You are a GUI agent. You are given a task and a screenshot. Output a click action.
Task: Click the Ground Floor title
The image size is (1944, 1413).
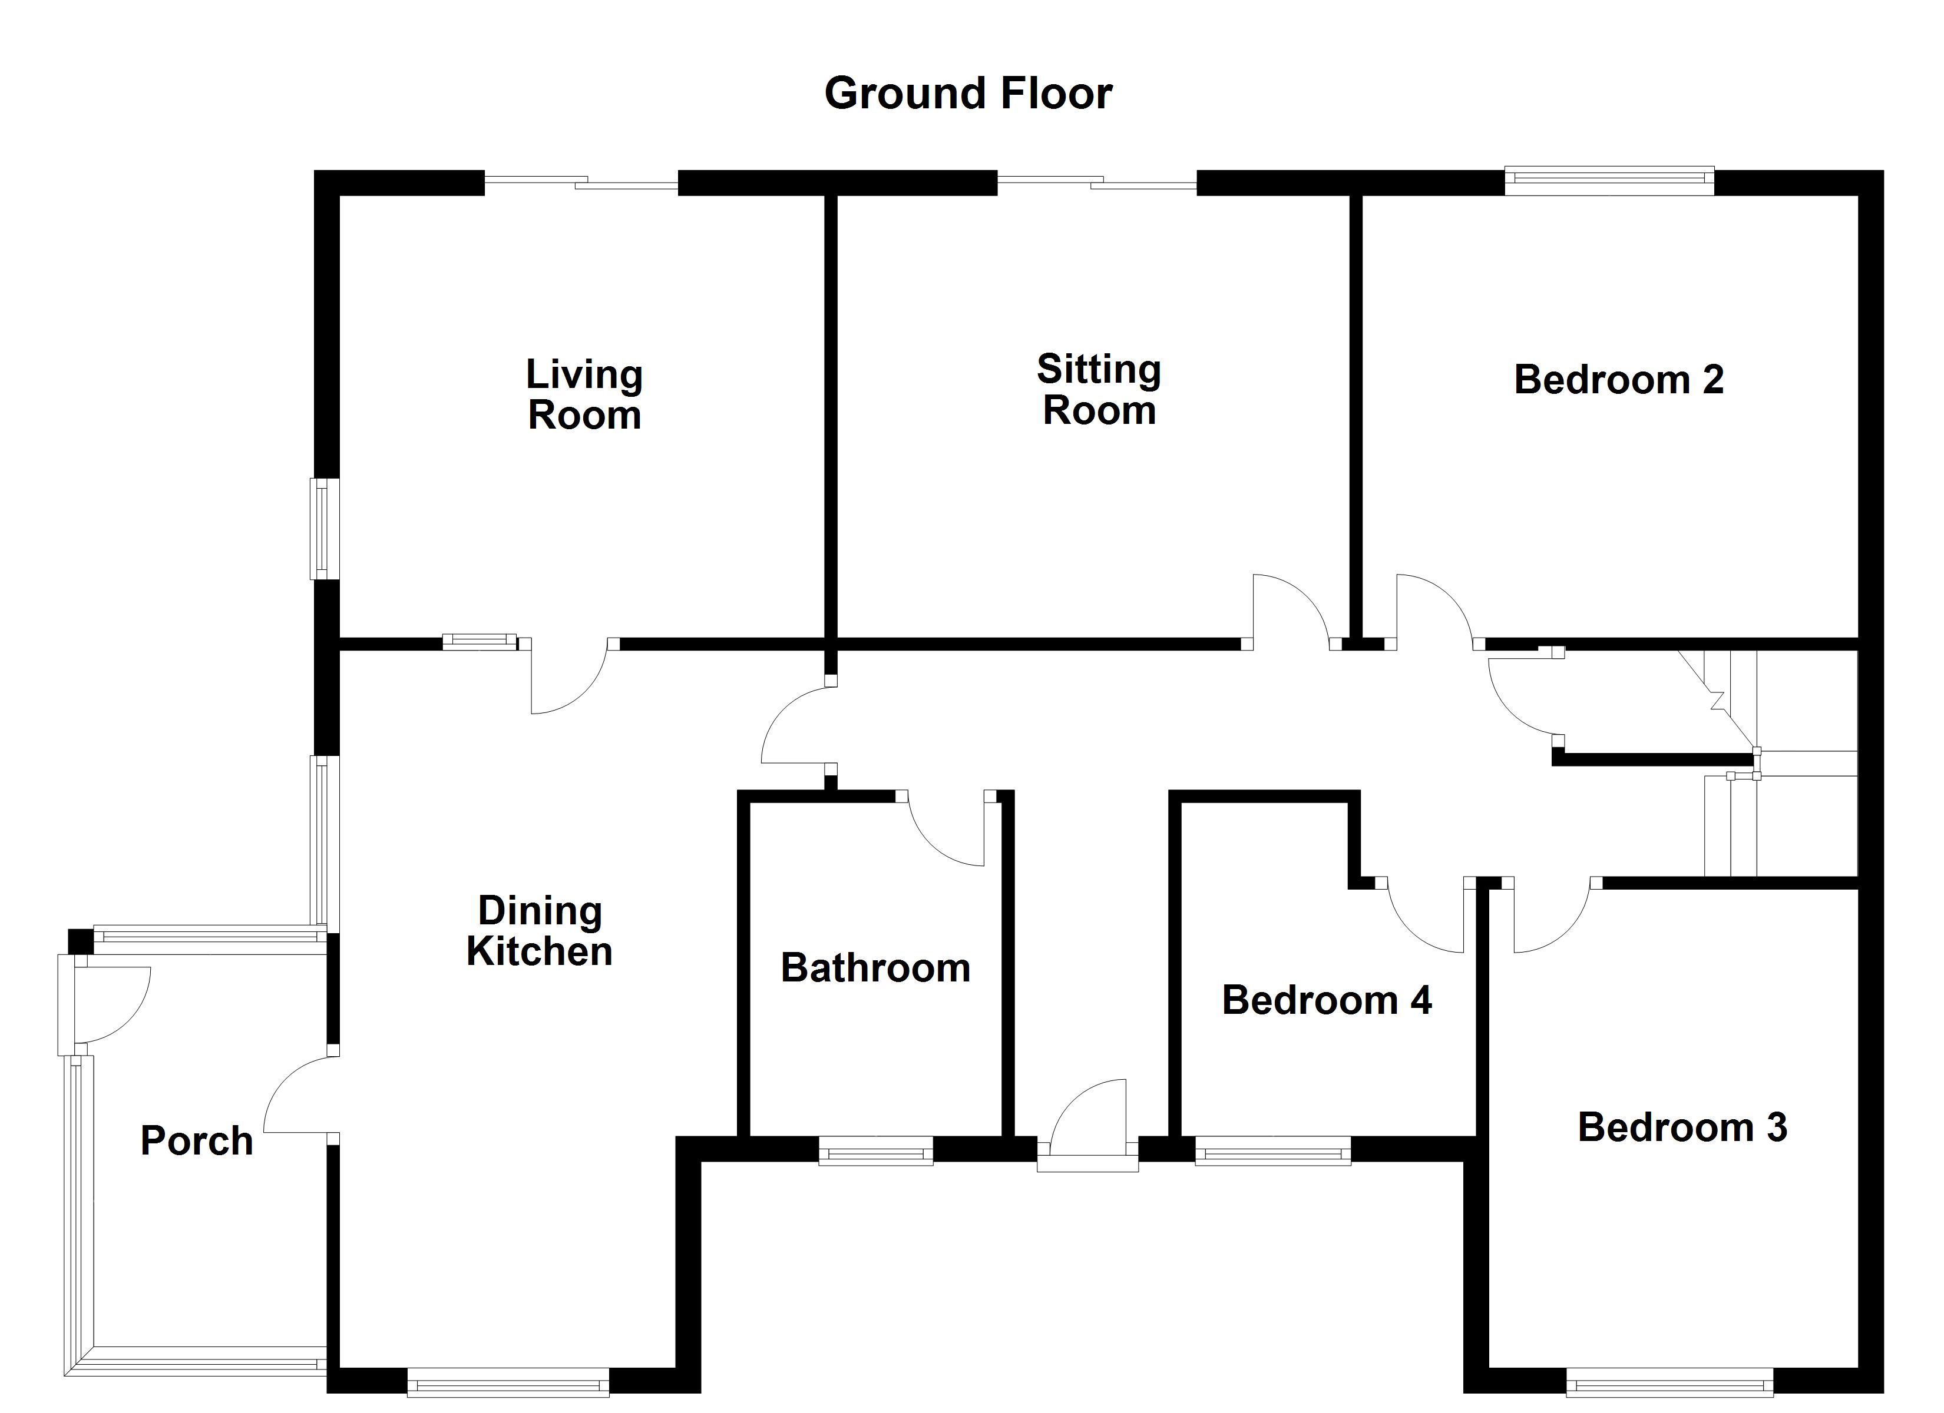968,94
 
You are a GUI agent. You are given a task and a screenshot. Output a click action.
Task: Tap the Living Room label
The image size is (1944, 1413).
584,395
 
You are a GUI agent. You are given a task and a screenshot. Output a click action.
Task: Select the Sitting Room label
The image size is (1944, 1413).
1099,390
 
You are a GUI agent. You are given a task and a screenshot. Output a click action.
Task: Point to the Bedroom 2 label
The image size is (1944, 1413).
1618,380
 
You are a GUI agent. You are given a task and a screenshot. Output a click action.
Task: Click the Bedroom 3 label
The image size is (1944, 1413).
1682,1127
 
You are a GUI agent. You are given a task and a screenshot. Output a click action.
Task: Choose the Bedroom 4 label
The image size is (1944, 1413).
1326,1000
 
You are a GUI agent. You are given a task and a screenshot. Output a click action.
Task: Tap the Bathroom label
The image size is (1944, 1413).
875,967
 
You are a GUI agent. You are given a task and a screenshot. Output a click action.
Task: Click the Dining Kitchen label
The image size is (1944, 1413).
539,931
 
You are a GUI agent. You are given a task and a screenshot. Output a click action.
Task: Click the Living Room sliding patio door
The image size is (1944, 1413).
581,182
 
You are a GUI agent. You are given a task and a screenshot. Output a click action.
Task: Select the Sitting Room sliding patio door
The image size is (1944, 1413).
1096,182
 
